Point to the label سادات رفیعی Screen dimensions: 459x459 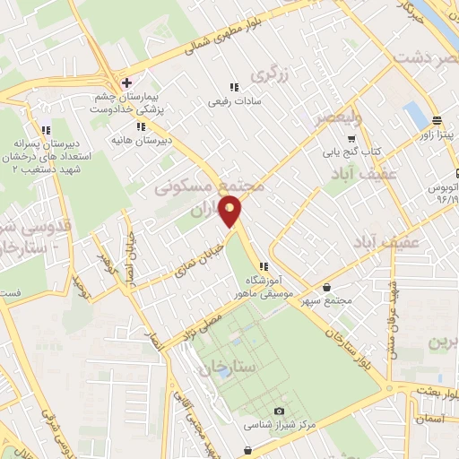pyautogui.click(x=233, y=101)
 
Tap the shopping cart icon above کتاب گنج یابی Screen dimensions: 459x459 pyautogui.click(x=351, y=139)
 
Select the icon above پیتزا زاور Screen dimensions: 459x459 pyautogui.click(x=436, y=120)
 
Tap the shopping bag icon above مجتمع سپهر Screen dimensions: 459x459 pyautogui.click(x=326, y=288)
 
